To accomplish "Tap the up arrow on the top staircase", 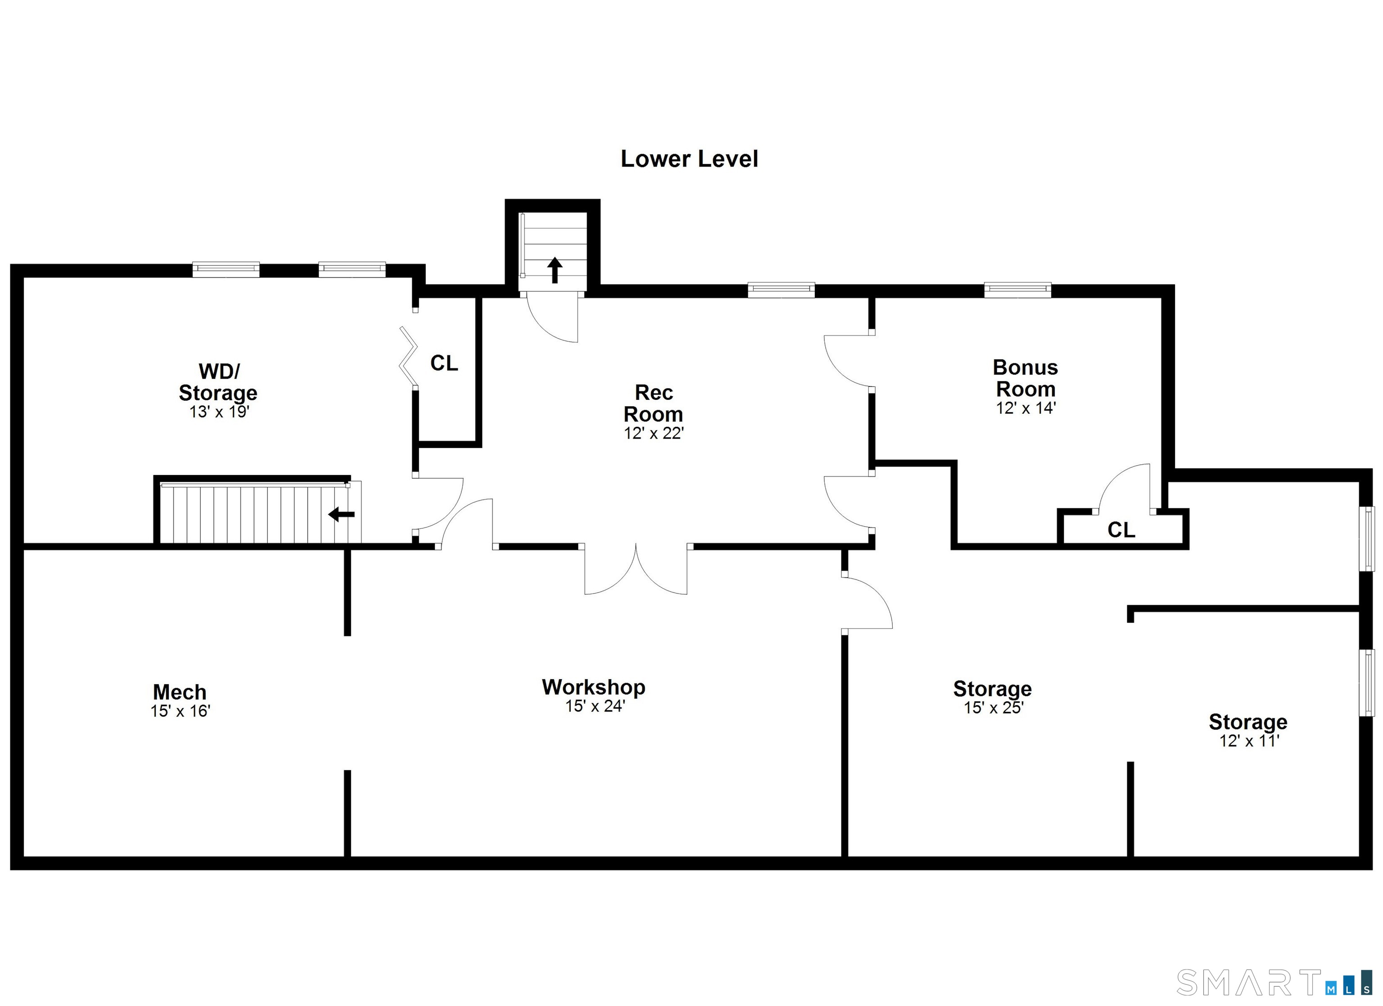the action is click(x=554, y=270).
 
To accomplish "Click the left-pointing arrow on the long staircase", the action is click(x=342, y=514).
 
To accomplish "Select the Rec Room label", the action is click(x=653, y=403).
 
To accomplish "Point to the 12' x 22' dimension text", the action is click(x=654, y=433).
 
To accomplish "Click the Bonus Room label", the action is click(x=1025, y=378).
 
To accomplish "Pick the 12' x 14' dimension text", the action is click(x=1026, y=408).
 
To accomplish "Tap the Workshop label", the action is click(x=593, y=687).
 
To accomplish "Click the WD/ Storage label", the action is click(x=218, y=382).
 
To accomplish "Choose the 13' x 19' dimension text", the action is click(x=220, y=412).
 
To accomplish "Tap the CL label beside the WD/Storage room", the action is click(x=444, y=363).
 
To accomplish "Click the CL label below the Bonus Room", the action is click(x=1121, y=530).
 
